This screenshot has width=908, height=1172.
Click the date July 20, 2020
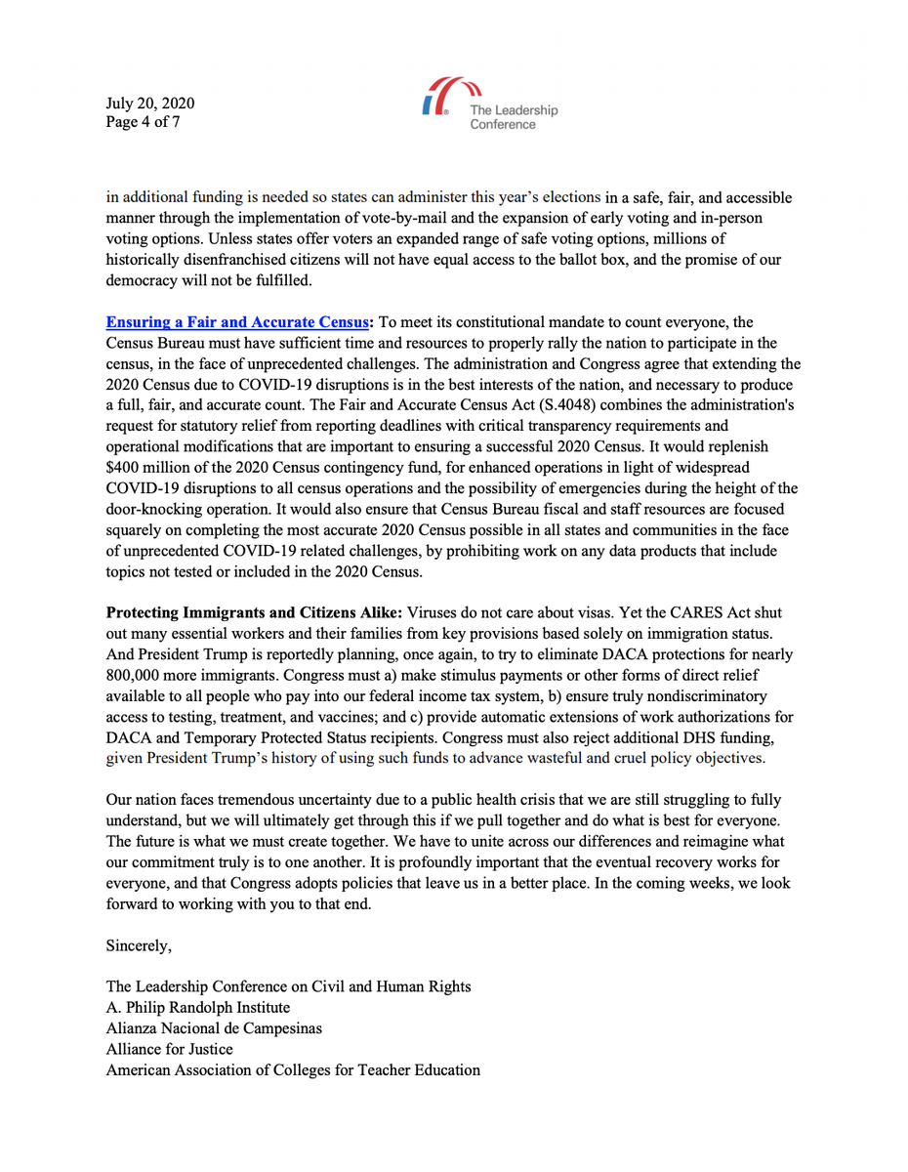pos(150,104)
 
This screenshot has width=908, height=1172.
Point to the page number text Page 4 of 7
pos(143,122)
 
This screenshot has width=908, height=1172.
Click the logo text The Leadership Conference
pos(514,117)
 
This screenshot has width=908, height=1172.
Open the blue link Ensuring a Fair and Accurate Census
pos(238,321)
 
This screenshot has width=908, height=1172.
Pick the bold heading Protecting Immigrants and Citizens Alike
pos(251,614)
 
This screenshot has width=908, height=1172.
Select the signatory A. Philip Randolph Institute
pos(198,1007)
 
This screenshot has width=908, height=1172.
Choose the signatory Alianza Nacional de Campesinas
pos(214,1027)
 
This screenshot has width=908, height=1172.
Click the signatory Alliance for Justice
pos(170,1048)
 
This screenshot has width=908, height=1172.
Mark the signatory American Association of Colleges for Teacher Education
pos(293,1069)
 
